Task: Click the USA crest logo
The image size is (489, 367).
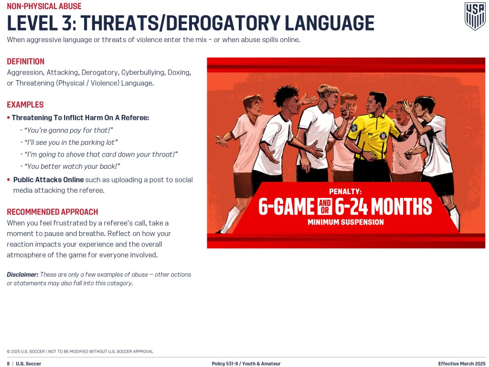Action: (x=475, y=16)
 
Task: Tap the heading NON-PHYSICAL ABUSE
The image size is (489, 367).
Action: (x=44, y=6)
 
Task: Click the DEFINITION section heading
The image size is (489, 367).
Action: (x=26, y=62)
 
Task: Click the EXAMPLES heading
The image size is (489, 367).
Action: (x=25, y=105)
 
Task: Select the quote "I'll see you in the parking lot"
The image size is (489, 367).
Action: (x=71, y=142)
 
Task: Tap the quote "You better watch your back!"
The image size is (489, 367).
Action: (x=72, y=166)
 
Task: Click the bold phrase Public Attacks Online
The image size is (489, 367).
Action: (x=48, y=180)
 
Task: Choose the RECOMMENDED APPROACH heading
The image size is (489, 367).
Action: (x=53, y=212)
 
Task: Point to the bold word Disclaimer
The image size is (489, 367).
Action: (x=22, y=275)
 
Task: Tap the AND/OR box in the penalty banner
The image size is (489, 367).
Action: (x=325, y=206)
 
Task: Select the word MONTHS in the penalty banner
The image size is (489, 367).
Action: (x=402, y=206)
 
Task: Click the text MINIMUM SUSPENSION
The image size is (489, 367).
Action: (x=346, y=222)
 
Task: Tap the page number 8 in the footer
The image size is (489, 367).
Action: (x=8, y=364)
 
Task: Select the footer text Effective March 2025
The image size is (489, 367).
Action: (x=462, y=364)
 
